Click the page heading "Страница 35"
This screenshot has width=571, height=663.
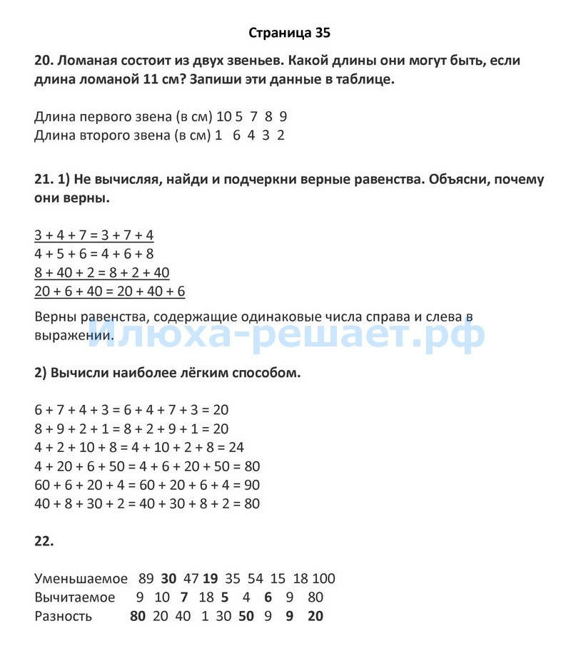coord(290,33)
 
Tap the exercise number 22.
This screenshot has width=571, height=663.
coord(44,541)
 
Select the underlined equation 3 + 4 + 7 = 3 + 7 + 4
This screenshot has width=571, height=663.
coord(94,235)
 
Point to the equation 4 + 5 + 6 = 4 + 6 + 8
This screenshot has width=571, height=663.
coord(94,254)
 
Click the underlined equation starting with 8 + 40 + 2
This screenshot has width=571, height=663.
coord(101,272)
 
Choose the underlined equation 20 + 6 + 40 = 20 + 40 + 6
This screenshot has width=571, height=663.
coord(109,291)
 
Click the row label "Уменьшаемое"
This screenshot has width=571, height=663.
coord(81,579)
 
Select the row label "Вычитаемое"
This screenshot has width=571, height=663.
coord(74,597)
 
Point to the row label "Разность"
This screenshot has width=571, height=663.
coord(63,616)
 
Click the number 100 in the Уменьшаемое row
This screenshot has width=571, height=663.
coord(323,579)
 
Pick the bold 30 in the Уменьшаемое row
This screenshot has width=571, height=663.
coord(168,579)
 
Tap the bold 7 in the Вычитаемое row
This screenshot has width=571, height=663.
coord(184,597)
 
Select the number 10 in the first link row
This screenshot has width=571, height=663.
coord(224,116)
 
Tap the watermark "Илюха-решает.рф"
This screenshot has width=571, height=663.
coord(285,334)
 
